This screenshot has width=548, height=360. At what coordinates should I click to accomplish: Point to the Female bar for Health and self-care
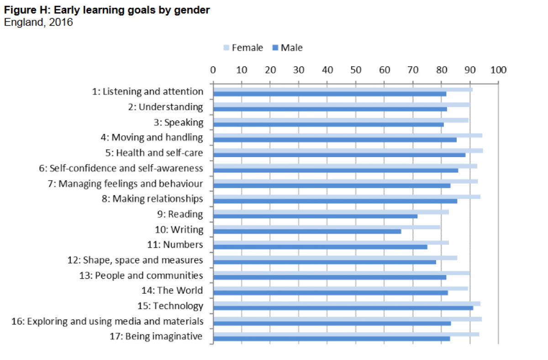pos(348,150)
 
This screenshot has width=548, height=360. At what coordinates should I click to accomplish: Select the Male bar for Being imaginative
pos(331,339)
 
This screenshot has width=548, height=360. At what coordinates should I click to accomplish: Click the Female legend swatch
pos(226,48)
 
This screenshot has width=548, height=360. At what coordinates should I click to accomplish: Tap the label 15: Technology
pos(170,306)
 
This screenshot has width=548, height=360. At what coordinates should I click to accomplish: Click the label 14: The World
pos(173,291)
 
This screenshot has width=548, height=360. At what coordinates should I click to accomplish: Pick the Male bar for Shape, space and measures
pos(324,262)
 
